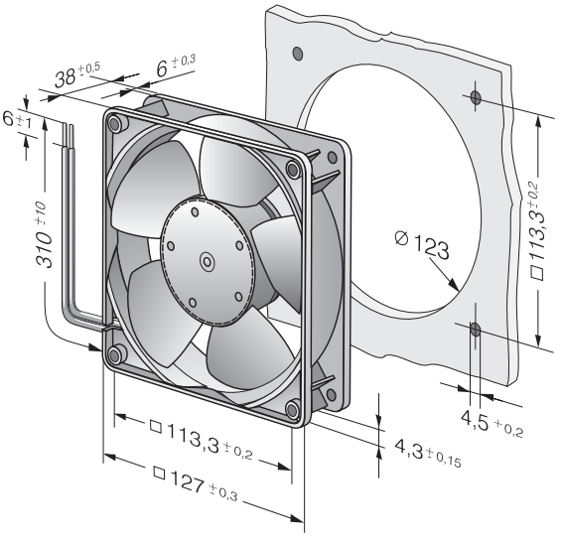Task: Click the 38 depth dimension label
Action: click(77, 75)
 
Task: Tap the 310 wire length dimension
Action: click(44, 234)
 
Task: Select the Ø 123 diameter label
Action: click(421, 245)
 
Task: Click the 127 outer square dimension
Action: click(196, 483)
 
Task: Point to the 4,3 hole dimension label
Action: click(428, 454)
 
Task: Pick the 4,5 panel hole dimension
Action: click(492, 424)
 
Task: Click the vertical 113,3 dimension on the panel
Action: click(537, 230)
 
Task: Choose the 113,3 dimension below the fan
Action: click(201, 440)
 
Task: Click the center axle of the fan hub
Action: click(208, 262)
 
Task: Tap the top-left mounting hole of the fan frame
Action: click(115, 124)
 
